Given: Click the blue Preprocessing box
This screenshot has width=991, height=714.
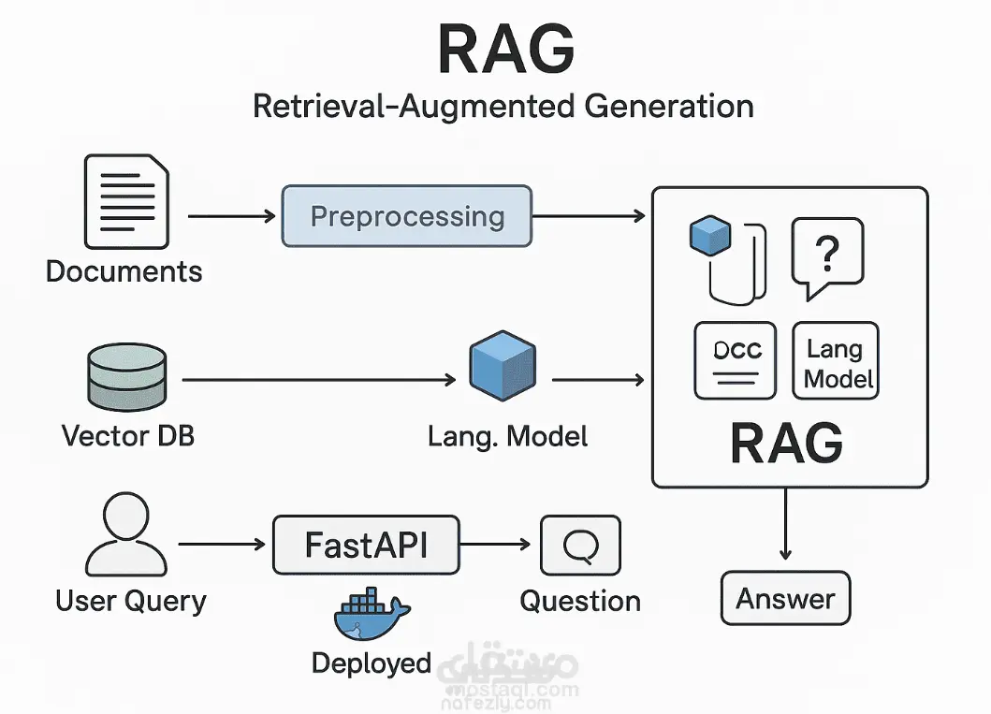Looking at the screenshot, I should pyautogui.click(x=406, y=216).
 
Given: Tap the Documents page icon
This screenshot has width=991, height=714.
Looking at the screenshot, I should pyautogui.click(x=126, y=202).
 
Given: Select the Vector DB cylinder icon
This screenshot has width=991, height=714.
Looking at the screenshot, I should pyautogui.click(x=125, y=380).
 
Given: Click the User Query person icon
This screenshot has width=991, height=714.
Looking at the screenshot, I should pyautogui.click(x=125, y=536).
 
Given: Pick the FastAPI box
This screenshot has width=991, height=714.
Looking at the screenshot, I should pyautogui.click(x=366, y=544).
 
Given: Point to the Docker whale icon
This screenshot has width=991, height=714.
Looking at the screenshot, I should pyautogui.click(x=371, y=616).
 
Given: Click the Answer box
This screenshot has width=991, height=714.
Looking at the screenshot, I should pyautogui.click(x=785, y=598).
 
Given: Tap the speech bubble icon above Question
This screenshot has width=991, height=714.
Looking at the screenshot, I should pyautogui.click(x=580, y=545).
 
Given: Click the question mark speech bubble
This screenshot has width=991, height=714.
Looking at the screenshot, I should pyautogui.click(x=826, y=256).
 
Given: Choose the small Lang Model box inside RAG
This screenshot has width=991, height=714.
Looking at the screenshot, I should pyautogui.click(x=835, y=362).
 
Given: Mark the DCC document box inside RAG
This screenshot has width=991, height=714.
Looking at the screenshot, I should pyautogui.click(x=737, y=362).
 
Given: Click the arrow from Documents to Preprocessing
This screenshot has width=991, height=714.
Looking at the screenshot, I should pyautogui.click(x=232, y=216).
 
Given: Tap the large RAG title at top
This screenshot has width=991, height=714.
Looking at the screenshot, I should pyautogui.click(x=505, y=51).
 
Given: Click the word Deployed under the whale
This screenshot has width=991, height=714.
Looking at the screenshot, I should pyautogui.click(x=371, y=663).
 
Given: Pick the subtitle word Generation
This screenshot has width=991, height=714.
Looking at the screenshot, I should pyautogui.click(x=668, y=106).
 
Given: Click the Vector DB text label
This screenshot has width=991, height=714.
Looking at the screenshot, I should pyautogui.click(x=127, y=435).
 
